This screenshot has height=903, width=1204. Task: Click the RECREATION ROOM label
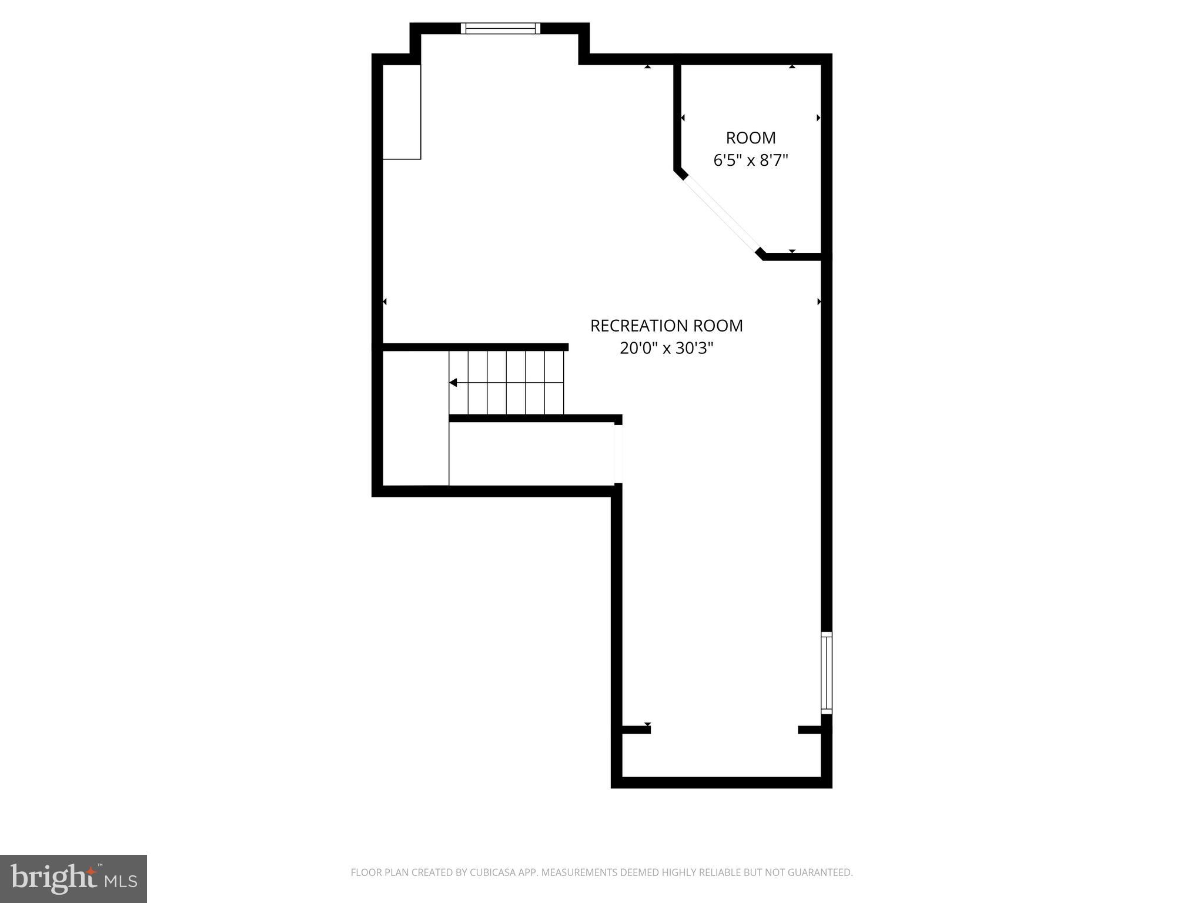coord(666,326)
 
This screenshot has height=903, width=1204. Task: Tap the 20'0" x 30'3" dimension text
coord(666,349)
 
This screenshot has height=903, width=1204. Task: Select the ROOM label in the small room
coord(751,138)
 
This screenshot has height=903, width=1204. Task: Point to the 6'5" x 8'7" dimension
coord(751,160)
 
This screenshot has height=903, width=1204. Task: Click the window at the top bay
coord(500,28)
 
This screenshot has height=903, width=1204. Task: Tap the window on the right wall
coord(826,673)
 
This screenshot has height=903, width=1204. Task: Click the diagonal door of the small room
coord(722,213)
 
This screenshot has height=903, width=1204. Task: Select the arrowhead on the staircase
coord(453,383)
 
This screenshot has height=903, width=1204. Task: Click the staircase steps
coord(507,383)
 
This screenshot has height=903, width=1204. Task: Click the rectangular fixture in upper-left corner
coord(402,112)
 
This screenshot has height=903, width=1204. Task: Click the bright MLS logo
coord(73,879)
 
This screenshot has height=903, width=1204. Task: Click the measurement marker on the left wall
coord(384,302)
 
